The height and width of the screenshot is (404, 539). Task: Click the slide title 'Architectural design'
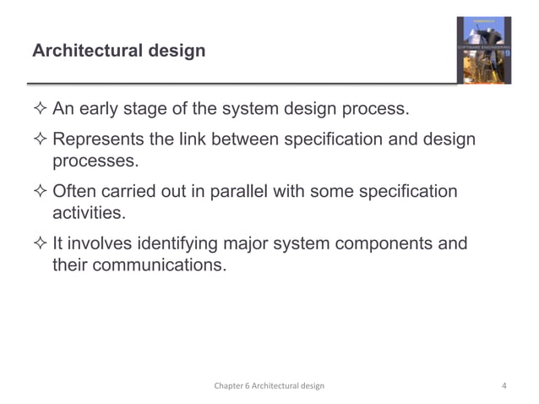[118, 52]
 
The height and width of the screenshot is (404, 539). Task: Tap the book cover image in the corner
[484, 50]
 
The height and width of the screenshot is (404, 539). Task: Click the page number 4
[504, 385]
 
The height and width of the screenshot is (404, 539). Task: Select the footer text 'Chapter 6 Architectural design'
[269, 385]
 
